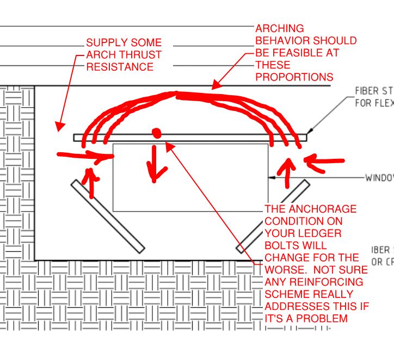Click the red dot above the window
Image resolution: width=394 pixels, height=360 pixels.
(x=157, y=133)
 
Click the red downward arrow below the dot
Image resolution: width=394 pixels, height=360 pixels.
(x=156, y=164)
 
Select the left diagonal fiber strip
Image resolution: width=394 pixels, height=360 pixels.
(x=107, y=216)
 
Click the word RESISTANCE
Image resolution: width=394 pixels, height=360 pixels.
(x=119, y=67)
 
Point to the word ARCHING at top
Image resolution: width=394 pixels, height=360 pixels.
(x=280, y=29)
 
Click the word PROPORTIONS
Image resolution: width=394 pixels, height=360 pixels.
(x=294, y=77)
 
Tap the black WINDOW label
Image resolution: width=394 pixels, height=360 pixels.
(x=379, y=178)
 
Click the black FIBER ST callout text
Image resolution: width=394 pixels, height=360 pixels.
(x=375, y=91)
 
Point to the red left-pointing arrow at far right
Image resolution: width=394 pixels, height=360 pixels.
(x=325, y=160)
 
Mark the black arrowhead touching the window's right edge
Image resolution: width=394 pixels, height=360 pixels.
(x=272, y=178)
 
